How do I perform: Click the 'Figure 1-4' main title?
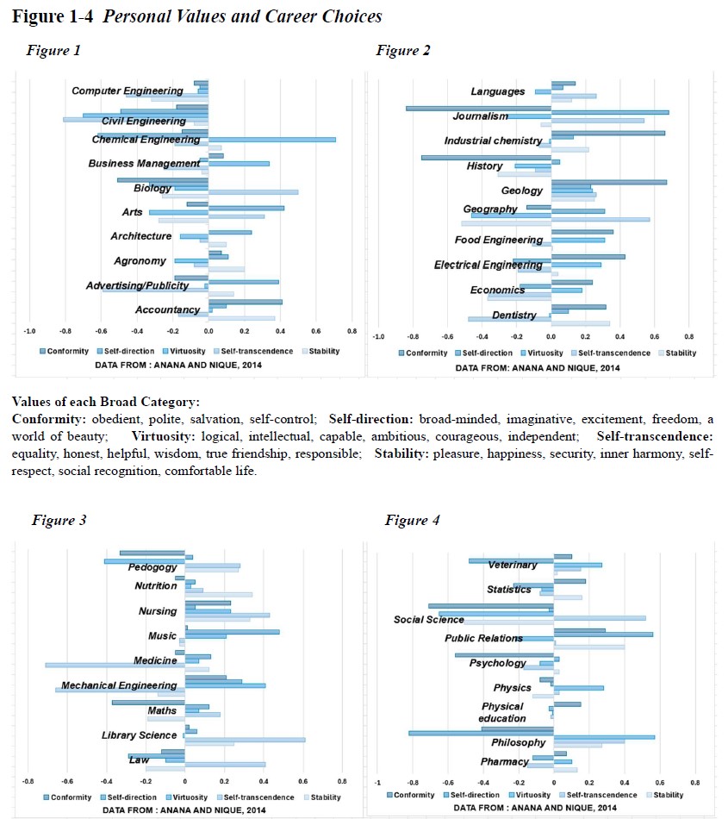pos(197,16)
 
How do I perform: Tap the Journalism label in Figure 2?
pos(480,116)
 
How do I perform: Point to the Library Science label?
pos(139,735)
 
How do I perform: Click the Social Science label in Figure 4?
pos(428,619)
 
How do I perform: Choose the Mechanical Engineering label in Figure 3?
pos(119,685)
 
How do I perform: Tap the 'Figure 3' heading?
pos(59,520)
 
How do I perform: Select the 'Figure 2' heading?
pos(403,50)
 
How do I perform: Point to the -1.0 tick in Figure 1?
pos(29,332)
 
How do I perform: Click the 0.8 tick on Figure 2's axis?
pos(688,336)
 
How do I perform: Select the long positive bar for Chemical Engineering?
pos(271,139)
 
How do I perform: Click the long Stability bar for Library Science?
pos(245,739)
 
